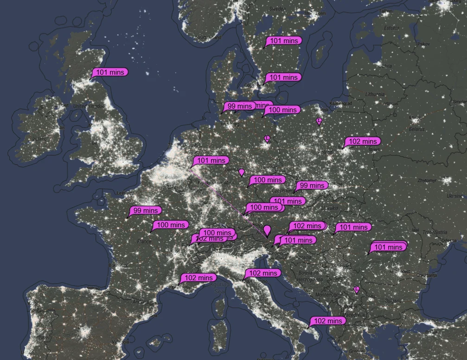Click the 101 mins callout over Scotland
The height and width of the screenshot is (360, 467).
pos(110,72)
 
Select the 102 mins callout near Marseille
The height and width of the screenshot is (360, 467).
pos(198,278)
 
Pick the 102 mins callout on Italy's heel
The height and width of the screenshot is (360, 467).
pos(328,321)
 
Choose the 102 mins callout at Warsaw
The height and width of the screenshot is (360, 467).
pos(363,141)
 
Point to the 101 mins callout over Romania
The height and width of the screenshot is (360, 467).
pos(388,247)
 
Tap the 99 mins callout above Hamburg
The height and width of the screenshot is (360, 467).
pos(240,106)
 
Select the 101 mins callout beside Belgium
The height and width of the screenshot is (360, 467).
pos(211,161)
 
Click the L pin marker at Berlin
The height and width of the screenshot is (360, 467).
pos(267,138)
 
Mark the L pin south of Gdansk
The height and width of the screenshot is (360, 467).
pos(319,121)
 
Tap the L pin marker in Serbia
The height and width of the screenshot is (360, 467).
pos(356,289)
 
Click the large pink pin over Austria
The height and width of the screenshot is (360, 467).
pos(267,230)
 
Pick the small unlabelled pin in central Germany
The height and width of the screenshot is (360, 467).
pos(241,172)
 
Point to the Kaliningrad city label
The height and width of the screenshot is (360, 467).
pos(341,103)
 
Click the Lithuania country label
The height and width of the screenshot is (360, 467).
pos(375,94)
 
